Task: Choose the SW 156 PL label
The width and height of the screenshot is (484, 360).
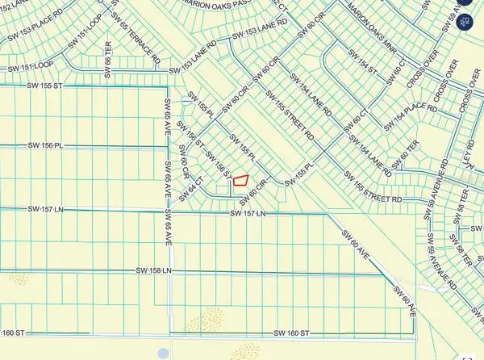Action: (x=44, y=145)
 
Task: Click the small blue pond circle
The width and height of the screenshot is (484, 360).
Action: (x=165, y=353)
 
